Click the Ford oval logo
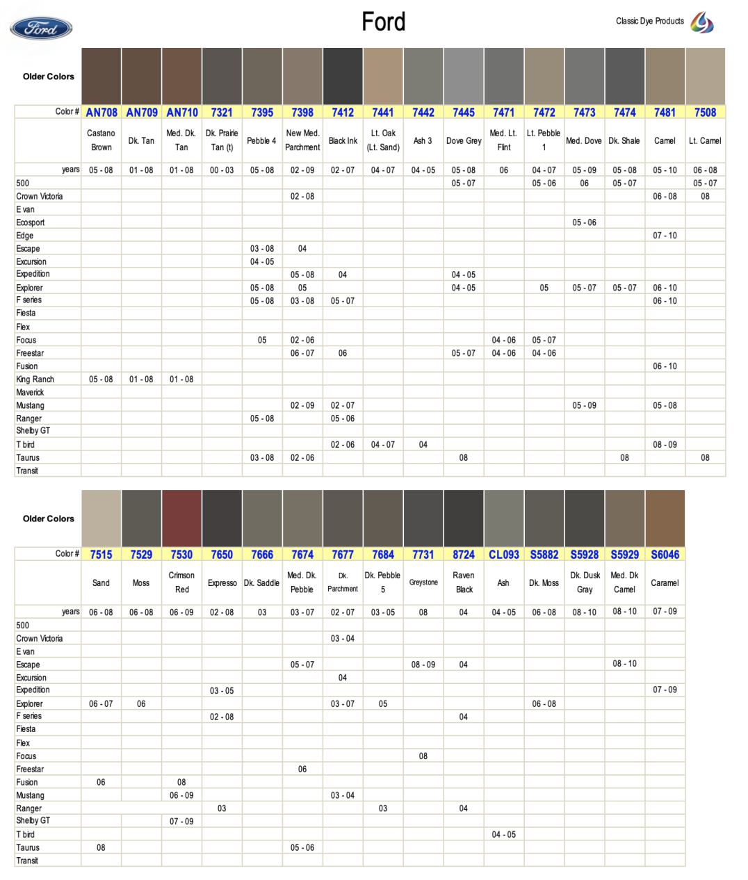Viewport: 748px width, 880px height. [x=41, y=28]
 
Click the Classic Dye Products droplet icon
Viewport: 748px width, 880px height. [x=702, y=22]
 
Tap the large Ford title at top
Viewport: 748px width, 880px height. [x=383, y=22]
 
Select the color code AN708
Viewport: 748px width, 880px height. [x=101, y=112]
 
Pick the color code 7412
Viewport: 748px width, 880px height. [x=343, y=112]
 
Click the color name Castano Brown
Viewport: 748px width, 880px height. [x=101, y=140]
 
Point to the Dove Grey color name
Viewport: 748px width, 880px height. [x=464, y=140]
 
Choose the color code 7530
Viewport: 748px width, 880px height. [x=181, y=554]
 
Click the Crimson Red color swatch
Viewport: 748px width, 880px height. [x=181, y=519]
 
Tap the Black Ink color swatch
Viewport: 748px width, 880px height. [x=343, y=76]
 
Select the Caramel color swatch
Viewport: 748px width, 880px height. [x=665, y=519]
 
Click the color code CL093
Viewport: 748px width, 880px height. [x=504, y=554]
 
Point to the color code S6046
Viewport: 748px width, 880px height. [x=665, y=554]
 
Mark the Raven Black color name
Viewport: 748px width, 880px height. [x=464, y=582]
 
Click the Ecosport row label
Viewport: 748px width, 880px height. [x=31, y=222]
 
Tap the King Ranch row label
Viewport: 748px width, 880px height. [x=35, y=380]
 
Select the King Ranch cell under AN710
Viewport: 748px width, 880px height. [x=181, y=380]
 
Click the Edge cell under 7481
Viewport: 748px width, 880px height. [x=665, y=236]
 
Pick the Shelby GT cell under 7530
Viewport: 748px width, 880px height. [x=181, y=821]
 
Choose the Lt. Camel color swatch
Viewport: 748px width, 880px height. [x=705, y=76]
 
